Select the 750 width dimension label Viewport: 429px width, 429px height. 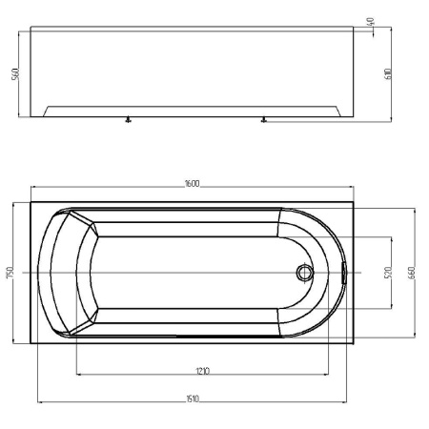(9, 273)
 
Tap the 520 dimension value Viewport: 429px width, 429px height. (387, 271)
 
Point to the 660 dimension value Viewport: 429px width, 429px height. (412, 271)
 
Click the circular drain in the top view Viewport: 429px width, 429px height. (304, 273)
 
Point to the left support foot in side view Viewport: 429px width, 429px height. (126, 120)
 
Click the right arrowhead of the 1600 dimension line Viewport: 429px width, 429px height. (354, 188)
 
